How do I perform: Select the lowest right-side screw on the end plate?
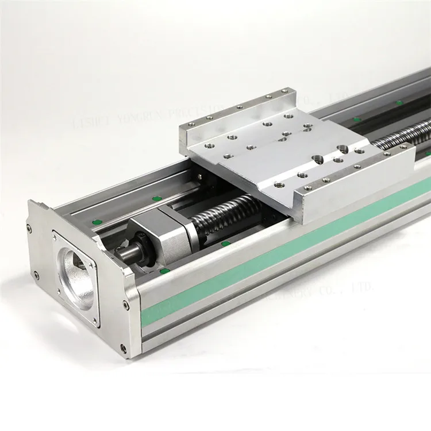click(122, 348)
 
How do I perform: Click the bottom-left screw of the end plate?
click(36, 275)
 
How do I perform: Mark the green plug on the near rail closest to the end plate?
click(165, 270)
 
